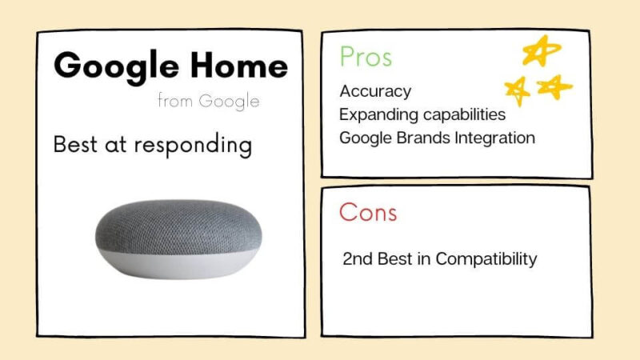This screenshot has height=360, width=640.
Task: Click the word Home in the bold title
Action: [239, 66]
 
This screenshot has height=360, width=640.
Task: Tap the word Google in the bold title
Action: [116, 67]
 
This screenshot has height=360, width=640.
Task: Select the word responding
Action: [193, 146]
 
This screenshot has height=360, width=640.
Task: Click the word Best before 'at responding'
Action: [75, 144]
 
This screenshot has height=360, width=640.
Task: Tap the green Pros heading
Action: [366, 56]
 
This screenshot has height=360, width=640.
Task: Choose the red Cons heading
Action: [368, 212]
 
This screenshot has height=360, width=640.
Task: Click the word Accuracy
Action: [375, 91]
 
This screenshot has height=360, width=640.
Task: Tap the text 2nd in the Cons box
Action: [358, 258]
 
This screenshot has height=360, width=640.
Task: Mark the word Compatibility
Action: [486, 259]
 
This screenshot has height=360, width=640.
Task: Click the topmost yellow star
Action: [542, 50]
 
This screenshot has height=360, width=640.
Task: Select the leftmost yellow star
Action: [517, 90]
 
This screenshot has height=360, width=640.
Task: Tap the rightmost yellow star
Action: [554, 86]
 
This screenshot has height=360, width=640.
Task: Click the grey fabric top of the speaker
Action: [178, 225]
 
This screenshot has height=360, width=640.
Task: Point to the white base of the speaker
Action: [178, 266]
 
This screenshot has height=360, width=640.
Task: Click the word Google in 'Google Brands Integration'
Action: [366, 138]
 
